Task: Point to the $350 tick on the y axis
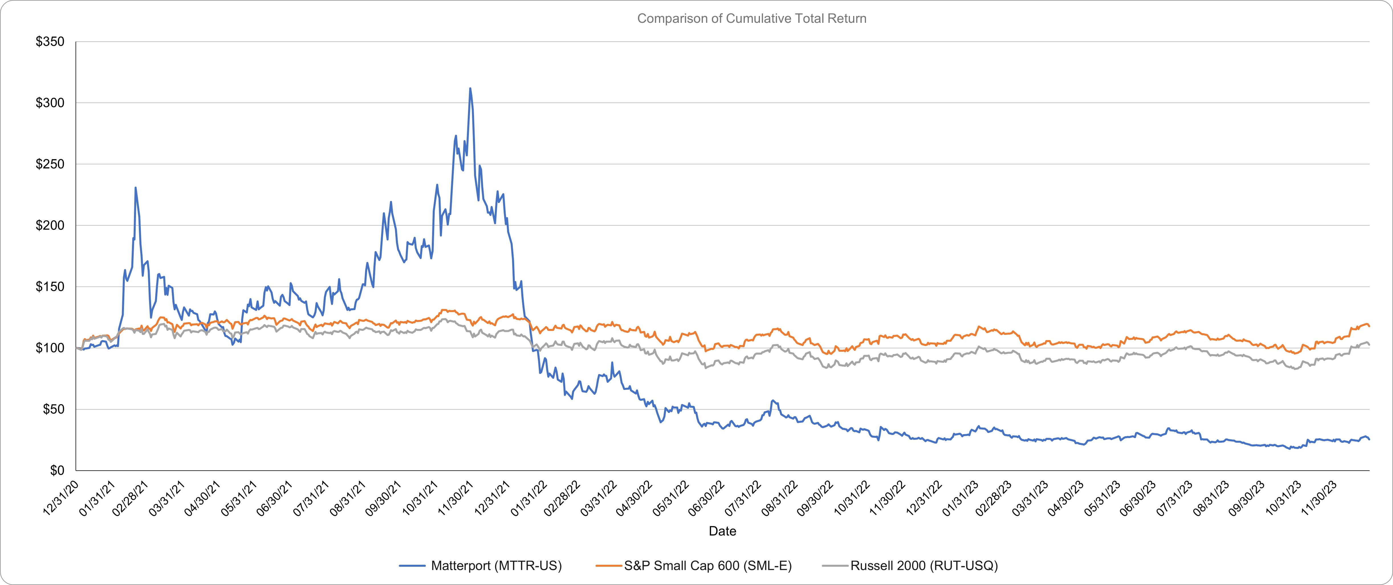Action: pos(50,42)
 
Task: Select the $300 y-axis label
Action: pos(50,103)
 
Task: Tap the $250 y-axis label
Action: pos(50,164)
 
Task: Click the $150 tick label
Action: pos(50,287)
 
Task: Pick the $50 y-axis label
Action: pos(53,410)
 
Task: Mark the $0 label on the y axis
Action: pos(57,471)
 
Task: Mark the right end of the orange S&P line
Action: pos(1369,326)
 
